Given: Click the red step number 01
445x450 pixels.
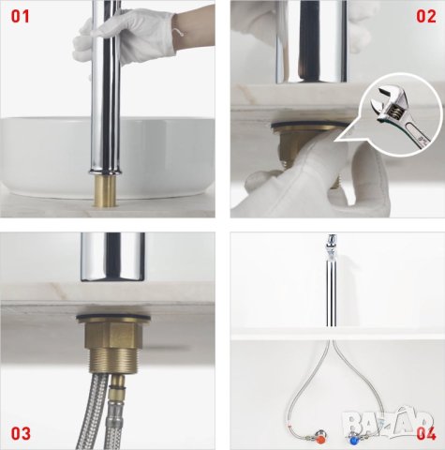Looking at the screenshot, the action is click(x=21, y=16).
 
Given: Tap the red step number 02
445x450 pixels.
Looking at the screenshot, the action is click(x=426, y=16).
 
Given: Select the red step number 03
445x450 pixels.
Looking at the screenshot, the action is click(x=21, y=434).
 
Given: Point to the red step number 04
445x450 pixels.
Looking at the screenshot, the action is click(x=426, y=434).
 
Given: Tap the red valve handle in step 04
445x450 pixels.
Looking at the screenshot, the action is click(x=319, y=441).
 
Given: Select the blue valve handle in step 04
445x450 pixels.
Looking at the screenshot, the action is click(x=354, y=441).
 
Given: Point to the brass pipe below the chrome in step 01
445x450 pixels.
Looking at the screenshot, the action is click(x=105, y=190).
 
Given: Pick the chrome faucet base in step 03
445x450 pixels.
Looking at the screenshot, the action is click(x=112, y=256).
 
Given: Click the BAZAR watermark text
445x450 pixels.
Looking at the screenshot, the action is click(x=389, y=420).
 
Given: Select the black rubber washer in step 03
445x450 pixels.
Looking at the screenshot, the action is click(x=113, y=319).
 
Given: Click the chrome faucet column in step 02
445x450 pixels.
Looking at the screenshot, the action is click(x=311, y=41).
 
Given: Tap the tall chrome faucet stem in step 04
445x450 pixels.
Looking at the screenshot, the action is click(x=330, y=281).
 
